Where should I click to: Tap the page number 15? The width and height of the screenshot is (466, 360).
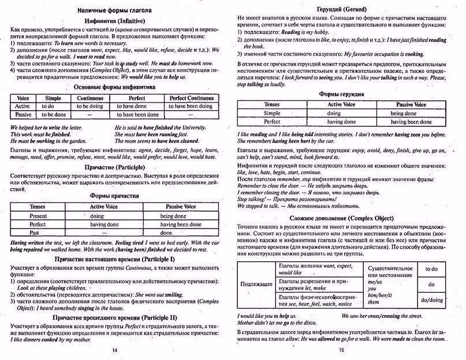(341, 350)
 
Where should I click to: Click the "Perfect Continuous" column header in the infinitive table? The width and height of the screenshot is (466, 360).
(195, 99)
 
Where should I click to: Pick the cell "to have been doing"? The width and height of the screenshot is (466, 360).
(195, 107)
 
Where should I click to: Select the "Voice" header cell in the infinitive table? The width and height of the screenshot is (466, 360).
(23, 99)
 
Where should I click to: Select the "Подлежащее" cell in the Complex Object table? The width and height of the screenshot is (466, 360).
(254, 284)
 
